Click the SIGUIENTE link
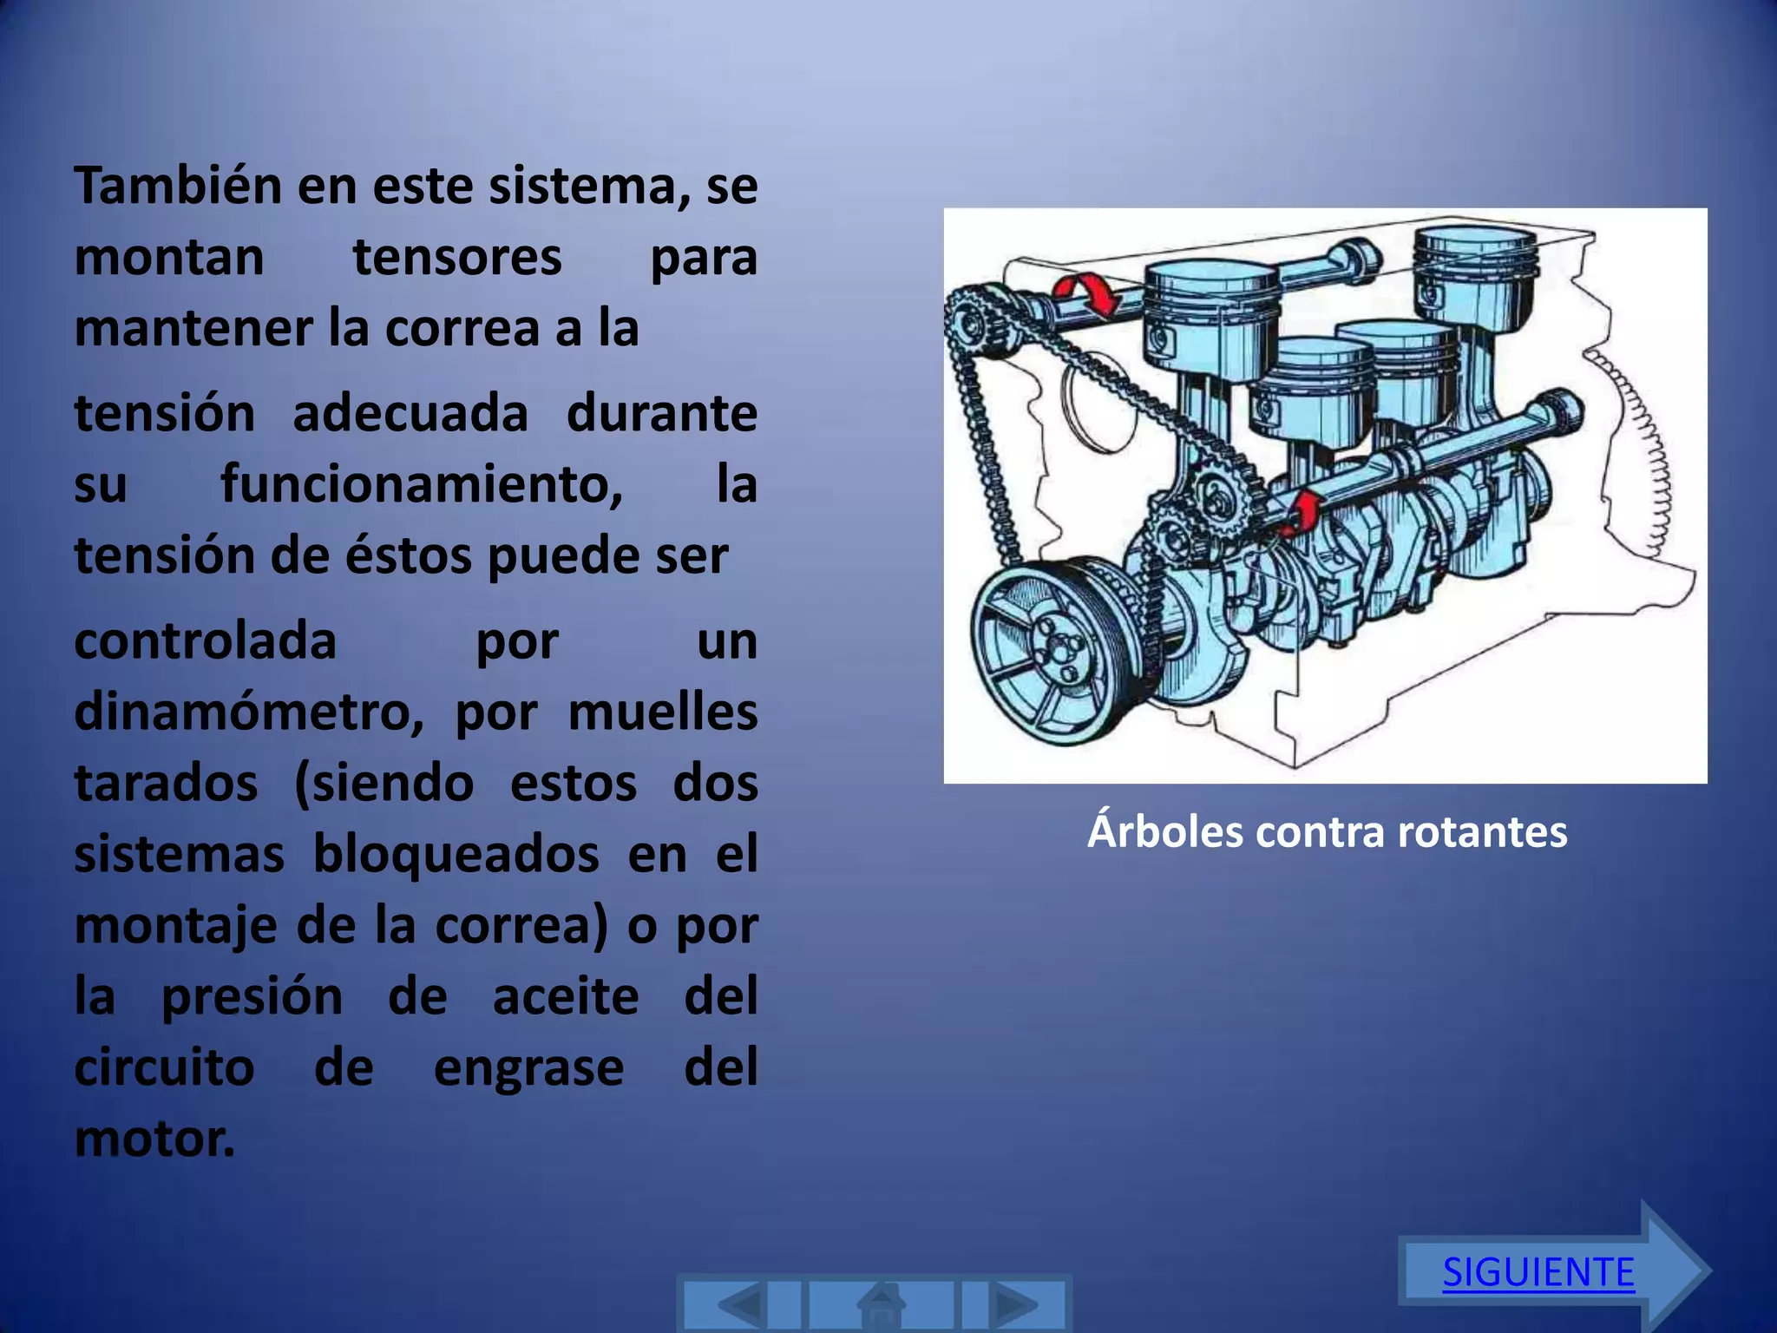1538,1273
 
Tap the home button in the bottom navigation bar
882,1304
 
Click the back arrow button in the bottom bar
741,1304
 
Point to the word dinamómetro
248,713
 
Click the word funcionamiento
422,485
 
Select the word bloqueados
456,855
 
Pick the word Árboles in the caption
1164,831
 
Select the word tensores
457,258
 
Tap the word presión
252,997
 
